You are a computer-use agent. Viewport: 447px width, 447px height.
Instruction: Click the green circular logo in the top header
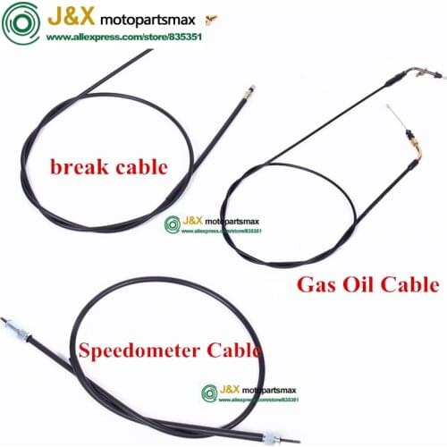(x=21, y=22)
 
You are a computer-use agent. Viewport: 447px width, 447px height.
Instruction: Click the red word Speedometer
(x=149, y=350)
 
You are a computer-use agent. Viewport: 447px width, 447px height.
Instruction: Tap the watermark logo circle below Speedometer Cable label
(x=209, y=392)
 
